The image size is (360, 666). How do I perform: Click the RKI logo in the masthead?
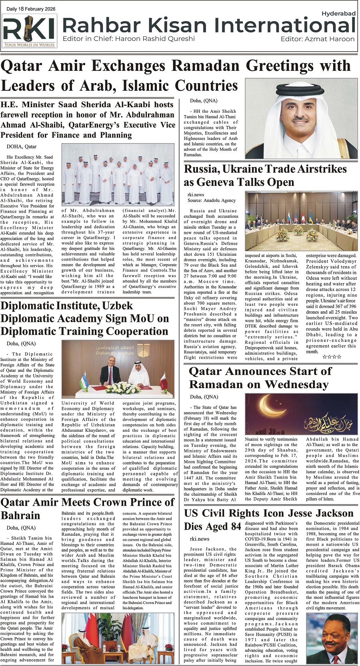[x=29, y=31]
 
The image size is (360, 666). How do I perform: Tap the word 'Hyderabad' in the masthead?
[x=338, y=14]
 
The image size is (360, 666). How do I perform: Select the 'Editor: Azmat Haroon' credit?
[x=317, y=39]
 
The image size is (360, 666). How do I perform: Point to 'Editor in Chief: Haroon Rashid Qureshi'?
[x=128, y=39]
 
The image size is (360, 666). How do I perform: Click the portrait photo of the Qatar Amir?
[x=301, y=118]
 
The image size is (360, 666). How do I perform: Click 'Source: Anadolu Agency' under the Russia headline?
[x=212, y=200]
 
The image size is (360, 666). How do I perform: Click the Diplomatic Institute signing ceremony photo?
[x=118, y=369]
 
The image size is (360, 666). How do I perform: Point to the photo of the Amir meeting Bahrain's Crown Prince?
[x=117, y=639]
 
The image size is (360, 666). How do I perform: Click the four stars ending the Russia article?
[x=332, y=357]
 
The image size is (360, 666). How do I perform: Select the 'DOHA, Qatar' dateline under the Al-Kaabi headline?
[x=21, y=147]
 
